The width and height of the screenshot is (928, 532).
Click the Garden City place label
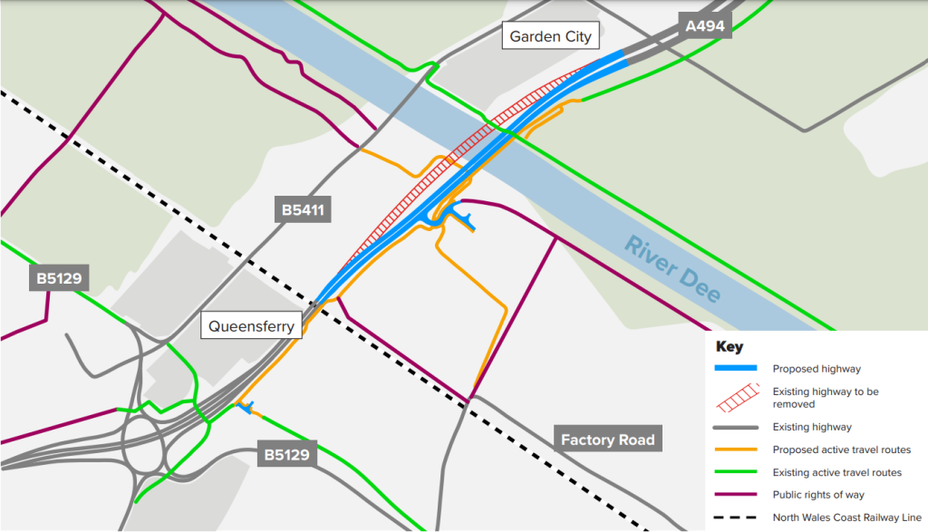coord(550,36)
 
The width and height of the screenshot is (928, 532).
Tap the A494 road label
coord(705,26)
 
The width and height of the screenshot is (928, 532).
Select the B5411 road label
coord(302,212)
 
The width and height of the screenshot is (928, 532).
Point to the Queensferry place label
coord(252,326)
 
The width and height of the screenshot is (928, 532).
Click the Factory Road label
coord(607,440)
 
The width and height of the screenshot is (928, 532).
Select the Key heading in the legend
coord(729,346)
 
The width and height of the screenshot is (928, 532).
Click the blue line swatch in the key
coord(735,369)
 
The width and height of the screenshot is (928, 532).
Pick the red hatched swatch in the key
coord(735,397)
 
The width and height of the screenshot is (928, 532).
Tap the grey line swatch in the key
coord(735,427)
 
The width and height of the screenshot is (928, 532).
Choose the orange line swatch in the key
coord(735,450)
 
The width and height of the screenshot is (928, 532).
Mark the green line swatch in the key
coord(735,472)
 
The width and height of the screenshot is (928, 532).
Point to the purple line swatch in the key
coord(735,495)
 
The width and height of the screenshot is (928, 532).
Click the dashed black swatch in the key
coord(735,517)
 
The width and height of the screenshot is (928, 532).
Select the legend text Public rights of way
coord(817,495)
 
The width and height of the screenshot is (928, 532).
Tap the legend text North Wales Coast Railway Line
coord(846,517)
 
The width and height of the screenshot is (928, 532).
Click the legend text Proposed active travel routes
coord(841,450)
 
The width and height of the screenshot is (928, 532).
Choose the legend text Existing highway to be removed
coord(826,398)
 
